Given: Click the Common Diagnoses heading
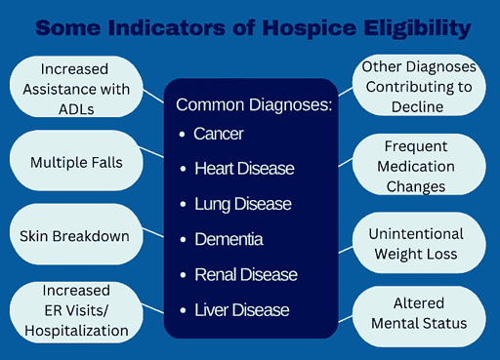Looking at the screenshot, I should point(254,104).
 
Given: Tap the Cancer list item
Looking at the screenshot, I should point(220,134).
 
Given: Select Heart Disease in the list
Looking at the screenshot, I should point(243,169).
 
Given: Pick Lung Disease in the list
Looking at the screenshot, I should point(242,204).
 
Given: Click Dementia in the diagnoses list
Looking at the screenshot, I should point(229,239).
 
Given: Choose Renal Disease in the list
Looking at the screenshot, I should point(244,274).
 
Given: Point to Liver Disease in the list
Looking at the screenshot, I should point(241,310).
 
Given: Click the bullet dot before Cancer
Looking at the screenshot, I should point(183,134).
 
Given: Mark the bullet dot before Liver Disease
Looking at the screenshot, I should point(183,310).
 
